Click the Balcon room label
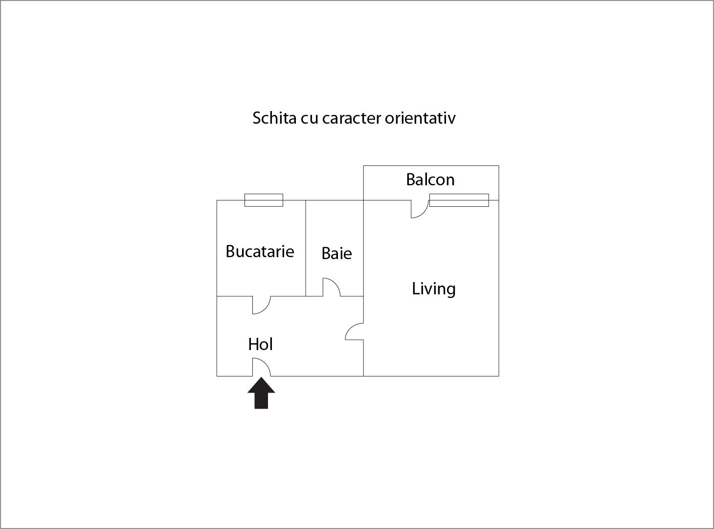430,179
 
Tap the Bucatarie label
260,251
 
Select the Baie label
336,253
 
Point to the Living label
434,289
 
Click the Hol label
261,344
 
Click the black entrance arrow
261,393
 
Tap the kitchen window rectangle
264,200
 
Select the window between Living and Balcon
459,200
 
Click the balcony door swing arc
420,209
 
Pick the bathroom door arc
332,287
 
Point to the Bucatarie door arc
261,305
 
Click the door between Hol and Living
355,331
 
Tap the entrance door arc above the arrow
261,367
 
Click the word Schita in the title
274,118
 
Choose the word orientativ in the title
420,118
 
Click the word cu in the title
310,119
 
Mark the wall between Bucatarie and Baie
306,248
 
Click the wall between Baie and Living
363,248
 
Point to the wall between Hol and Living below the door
363,358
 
